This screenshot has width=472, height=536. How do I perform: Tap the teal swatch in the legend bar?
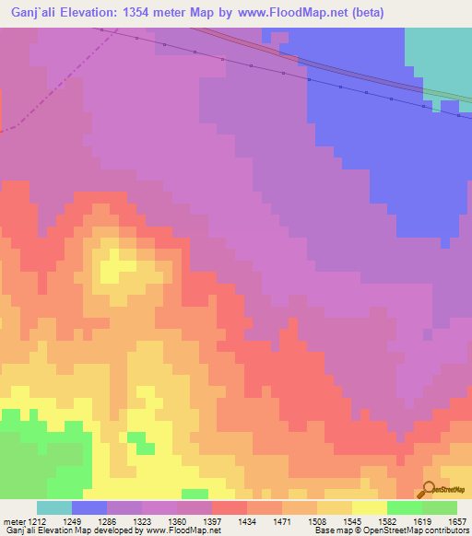(54, 507)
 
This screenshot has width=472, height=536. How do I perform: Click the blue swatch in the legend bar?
(89, 507)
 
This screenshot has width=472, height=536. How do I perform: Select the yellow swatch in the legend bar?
(370, 507)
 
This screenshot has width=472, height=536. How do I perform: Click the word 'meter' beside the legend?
(12, 521)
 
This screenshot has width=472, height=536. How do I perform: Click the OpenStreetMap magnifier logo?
(430, 489)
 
